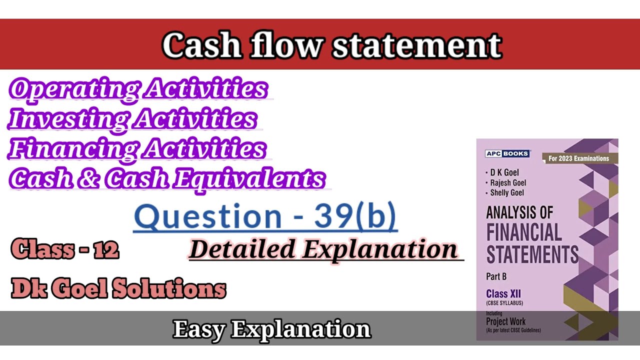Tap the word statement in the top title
tap(416, 45)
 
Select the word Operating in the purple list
tap(73, 89)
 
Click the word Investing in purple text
tap(69, 119)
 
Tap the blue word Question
tap(207, 216)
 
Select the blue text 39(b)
tap(355, 216)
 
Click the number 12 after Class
tap(105, 249)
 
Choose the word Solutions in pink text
tap(169, 289)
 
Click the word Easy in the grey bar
tap(198, 329)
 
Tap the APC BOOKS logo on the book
tap(507, 153)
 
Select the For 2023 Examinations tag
tap(578, 158)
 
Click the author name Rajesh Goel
tap(508, 182)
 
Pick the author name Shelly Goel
tap(507, 192)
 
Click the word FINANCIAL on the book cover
tap(524, 233)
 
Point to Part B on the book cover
tap(496, 276)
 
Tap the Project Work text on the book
tap(505, 321)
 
